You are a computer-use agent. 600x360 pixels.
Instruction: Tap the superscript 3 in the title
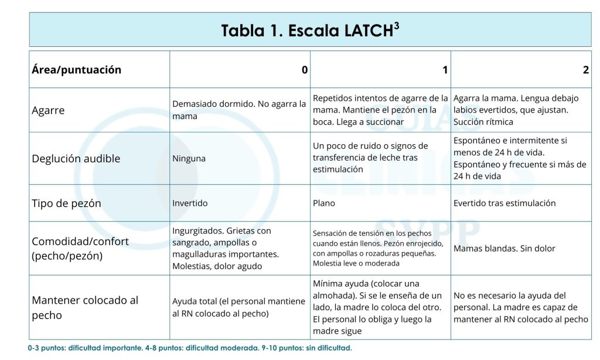coord(397,25)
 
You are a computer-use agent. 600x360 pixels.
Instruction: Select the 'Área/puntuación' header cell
coord(76,70)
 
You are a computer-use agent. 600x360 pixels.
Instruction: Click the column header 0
coord(304,70)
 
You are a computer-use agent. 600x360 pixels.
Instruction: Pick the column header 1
coord(445,70)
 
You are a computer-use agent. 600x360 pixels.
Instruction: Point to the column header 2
coord(585,70)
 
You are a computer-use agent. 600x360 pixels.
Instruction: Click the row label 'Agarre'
coord(48,110)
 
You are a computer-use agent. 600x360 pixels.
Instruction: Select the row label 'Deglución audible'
coord(76,158)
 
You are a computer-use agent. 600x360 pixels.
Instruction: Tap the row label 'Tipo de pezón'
coord(66,203)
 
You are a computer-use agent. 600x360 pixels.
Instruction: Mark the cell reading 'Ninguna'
coord(189,158)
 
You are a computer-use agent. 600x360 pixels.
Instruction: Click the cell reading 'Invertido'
coord(190,203)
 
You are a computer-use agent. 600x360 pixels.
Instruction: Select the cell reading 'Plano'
coord(323,203)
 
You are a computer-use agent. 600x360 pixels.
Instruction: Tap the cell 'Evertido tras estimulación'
coord(504,203)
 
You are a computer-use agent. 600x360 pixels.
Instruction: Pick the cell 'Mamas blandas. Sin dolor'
coord(504,249)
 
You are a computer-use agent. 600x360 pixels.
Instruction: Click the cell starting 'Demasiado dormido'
coord(239,110)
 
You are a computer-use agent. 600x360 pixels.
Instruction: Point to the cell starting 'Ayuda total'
coord(238,307)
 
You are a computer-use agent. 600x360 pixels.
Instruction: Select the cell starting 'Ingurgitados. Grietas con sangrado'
coord(226,249)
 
